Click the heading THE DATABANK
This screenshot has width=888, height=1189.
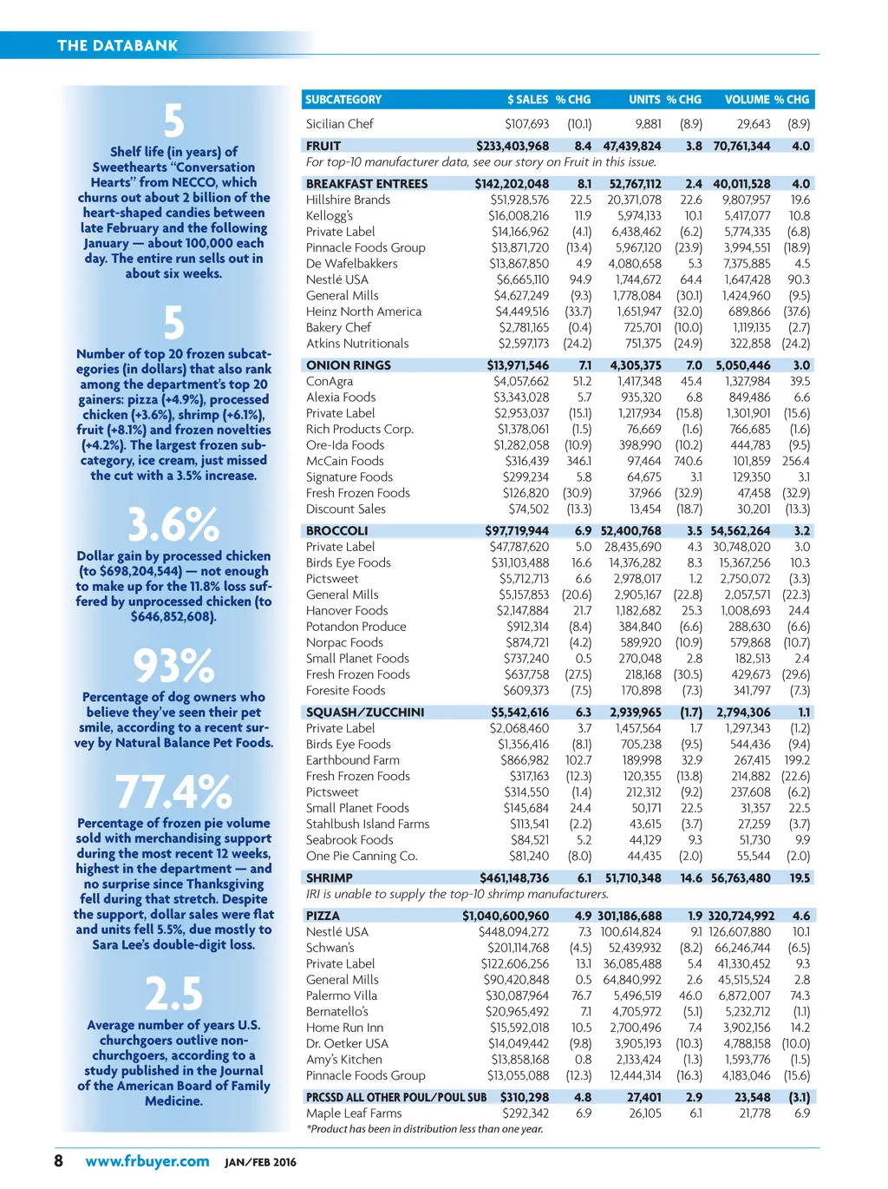coord(117,45)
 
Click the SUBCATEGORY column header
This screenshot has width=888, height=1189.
coord(343,100)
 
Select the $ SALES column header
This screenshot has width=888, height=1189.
coord(527,100)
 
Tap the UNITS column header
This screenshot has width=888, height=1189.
coord(644,100)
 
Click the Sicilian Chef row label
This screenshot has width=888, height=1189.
coord(340,124)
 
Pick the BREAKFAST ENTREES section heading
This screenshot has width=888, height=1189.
coord(367,184)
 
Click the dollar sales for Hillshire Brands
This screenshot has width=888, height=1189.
coord(519,200)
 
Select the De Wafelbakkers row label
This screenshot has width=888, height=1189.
coord(352,264)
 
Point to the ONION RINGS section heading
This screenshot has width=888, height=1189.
coord(349,365)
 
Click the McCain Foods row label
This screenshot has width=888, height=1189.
coord(345,461)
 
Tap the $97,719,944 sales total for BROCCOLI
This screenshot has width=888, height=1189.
coord(517,531)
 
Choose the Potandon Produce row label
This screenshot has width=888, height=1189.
coord(356,627)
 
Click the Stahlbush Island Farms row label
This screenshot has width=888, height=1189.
coord(368,824)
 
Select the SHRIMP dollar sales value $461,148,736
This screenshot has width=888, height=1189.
coord(514,878)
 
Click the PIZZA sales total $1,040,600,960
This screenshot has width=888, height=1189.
coord(506,916)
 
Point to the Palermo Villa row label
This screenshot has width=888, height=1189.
coord(342,995)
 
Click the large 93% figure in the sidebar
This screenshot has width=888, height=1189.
coord(173,667)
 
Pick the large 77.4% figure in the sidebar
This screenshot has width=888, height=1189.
coord(173,792)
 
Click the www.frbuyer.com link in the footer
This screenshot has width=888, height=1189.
coord(147,1161)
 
